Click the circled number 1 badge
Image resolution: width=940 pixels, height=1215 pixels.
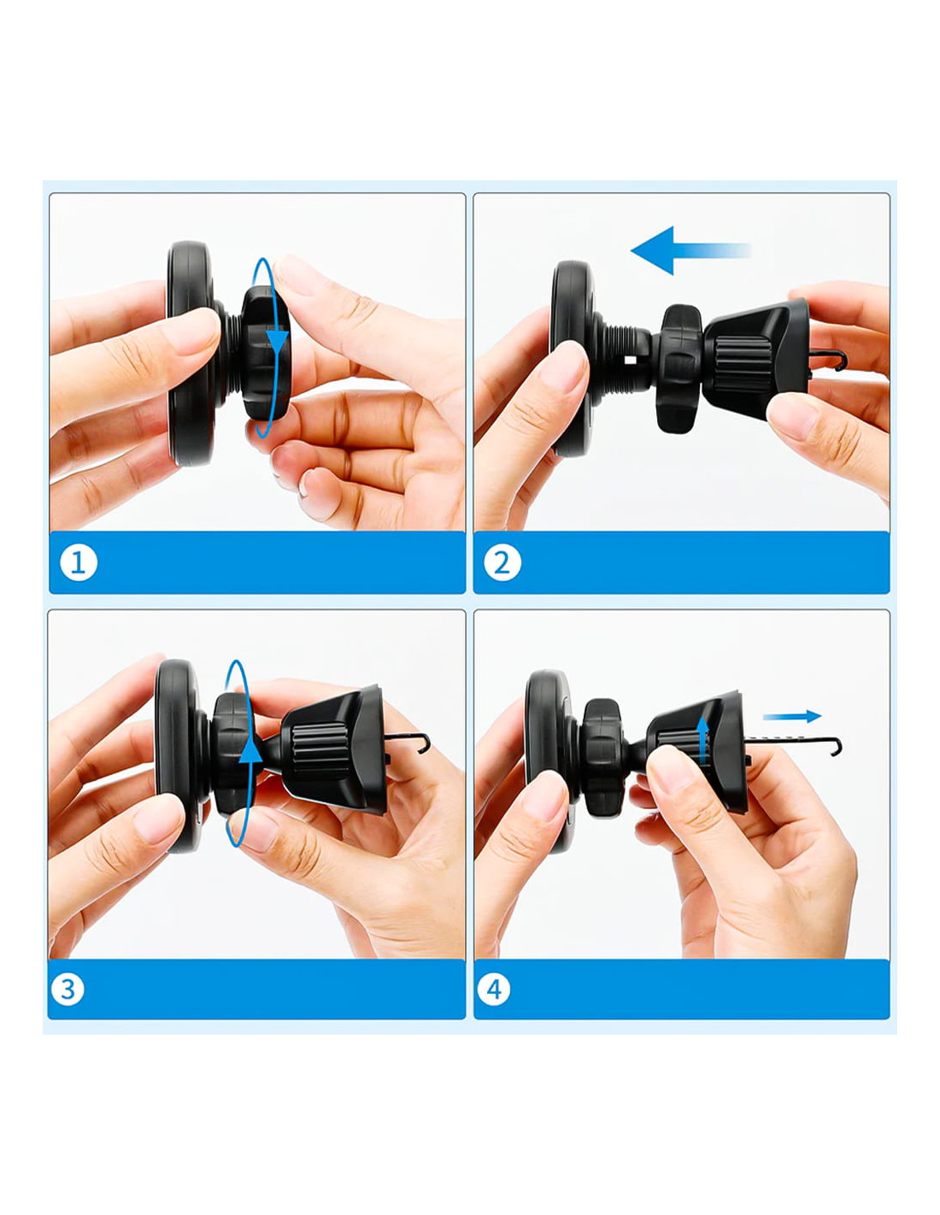(79, 562)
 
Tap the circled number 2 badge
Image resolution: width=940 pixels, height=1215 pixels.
(502, 562)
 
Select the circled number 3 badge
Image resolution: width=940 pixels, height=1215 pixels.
(68, 989)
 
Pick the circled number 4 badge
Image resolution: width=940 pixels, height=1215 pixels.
(493, 989)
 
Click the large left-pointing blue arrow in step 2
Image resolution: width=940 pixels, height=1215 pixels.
(690, 250)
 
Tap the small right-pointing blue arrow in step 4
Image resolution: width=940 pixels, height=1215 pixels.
(792, 716)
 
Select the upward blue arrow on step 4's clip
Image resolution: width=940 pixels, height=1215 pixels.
(703, 740)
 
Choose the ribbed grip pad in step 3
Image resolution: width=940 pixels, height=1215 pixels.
(319, 750)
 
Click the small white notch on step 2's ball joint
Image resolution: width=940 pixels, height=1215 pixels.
(631, 360)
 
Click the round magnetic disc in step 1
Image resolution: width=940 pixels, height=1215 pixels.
(189, 354)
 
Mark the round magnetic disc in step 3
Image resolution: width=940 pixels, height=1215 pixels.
(177, 757)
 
